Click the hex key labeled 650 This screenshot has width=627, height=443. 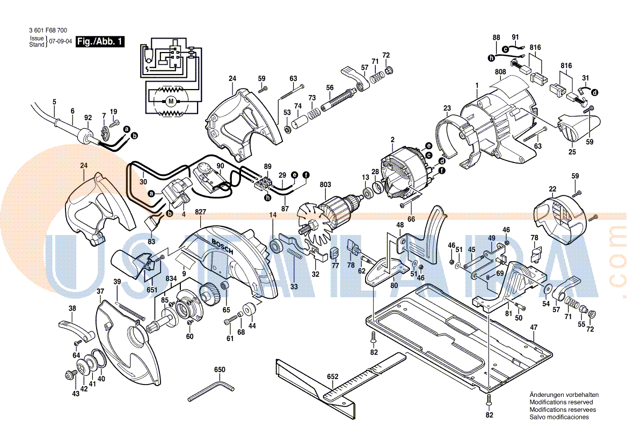tap(210, 390)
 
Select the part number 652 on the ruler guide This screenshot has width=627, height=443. tap(333, 376)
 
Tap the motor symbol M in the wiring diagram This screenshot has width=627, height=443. tap(171, 100)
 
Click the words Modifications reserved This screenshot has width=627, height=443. tap(561, 402)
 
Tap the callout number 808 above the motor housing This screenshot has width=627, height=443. tap(500, 71)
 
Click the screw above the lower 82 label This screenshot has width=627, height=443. tap(489, 399)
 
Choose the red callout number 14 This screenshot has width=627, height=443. tap(273, 215)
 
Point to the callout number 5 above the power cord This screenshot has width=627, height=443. tap(54, 101)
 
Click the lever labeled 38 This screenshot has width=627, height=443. tap(75, 329)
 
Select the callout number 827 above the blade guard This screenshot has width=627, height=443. tap(201, 212)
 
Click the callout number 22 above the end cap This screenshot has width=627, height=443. tap(552, 189)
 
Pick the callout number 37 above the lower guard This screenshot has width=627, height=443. tap(100, 291)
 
